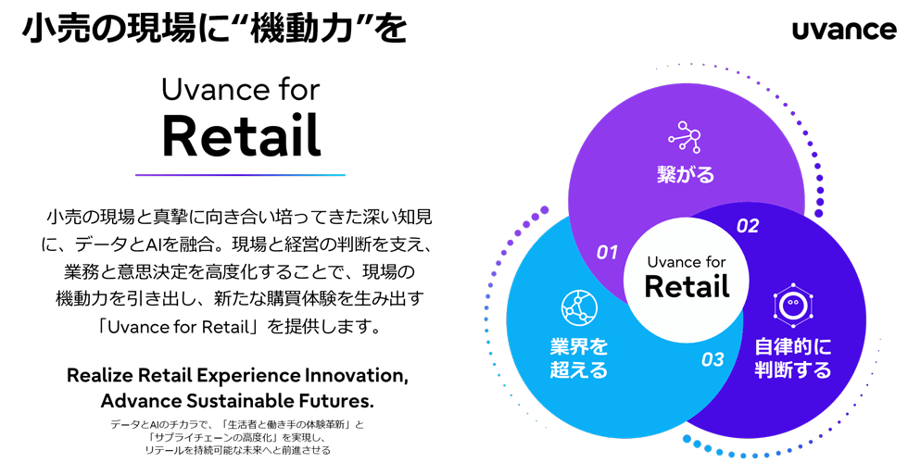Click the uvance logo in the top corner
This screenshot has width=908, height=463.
(x=844, y=30)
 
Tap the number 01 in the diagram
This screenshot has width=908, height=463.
(x=607, y=251)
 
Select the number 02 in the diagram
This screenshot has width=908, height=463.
(x=747, y=225)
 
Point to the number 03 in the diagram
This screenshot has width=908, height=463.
(x=712, y=359)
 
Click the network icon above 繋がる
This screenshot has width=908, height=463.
(x=685, y=137)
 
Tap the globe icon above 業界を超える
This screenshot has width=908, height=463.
(x=579, y=307)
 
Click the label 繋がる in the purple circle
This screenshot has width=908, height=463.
(x=686, y=174)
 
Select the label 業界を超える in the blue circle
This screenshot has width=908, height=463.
(x=579, y=358)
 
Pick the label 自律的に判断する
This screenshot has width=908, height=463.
(x=792, y=358)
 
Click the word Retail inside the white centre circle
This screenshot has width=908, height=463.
(x=687, y=286)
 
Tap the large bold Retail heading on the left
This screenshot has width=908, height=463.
(x=241, y=136)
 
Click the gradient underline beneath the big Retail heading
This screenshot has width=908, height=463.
(x=240, y=174)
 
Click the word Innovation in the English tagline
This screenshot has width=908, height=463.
(x=348, y=378)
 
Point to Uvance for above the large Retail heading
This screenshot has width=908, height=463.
(x=240, y=90)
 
